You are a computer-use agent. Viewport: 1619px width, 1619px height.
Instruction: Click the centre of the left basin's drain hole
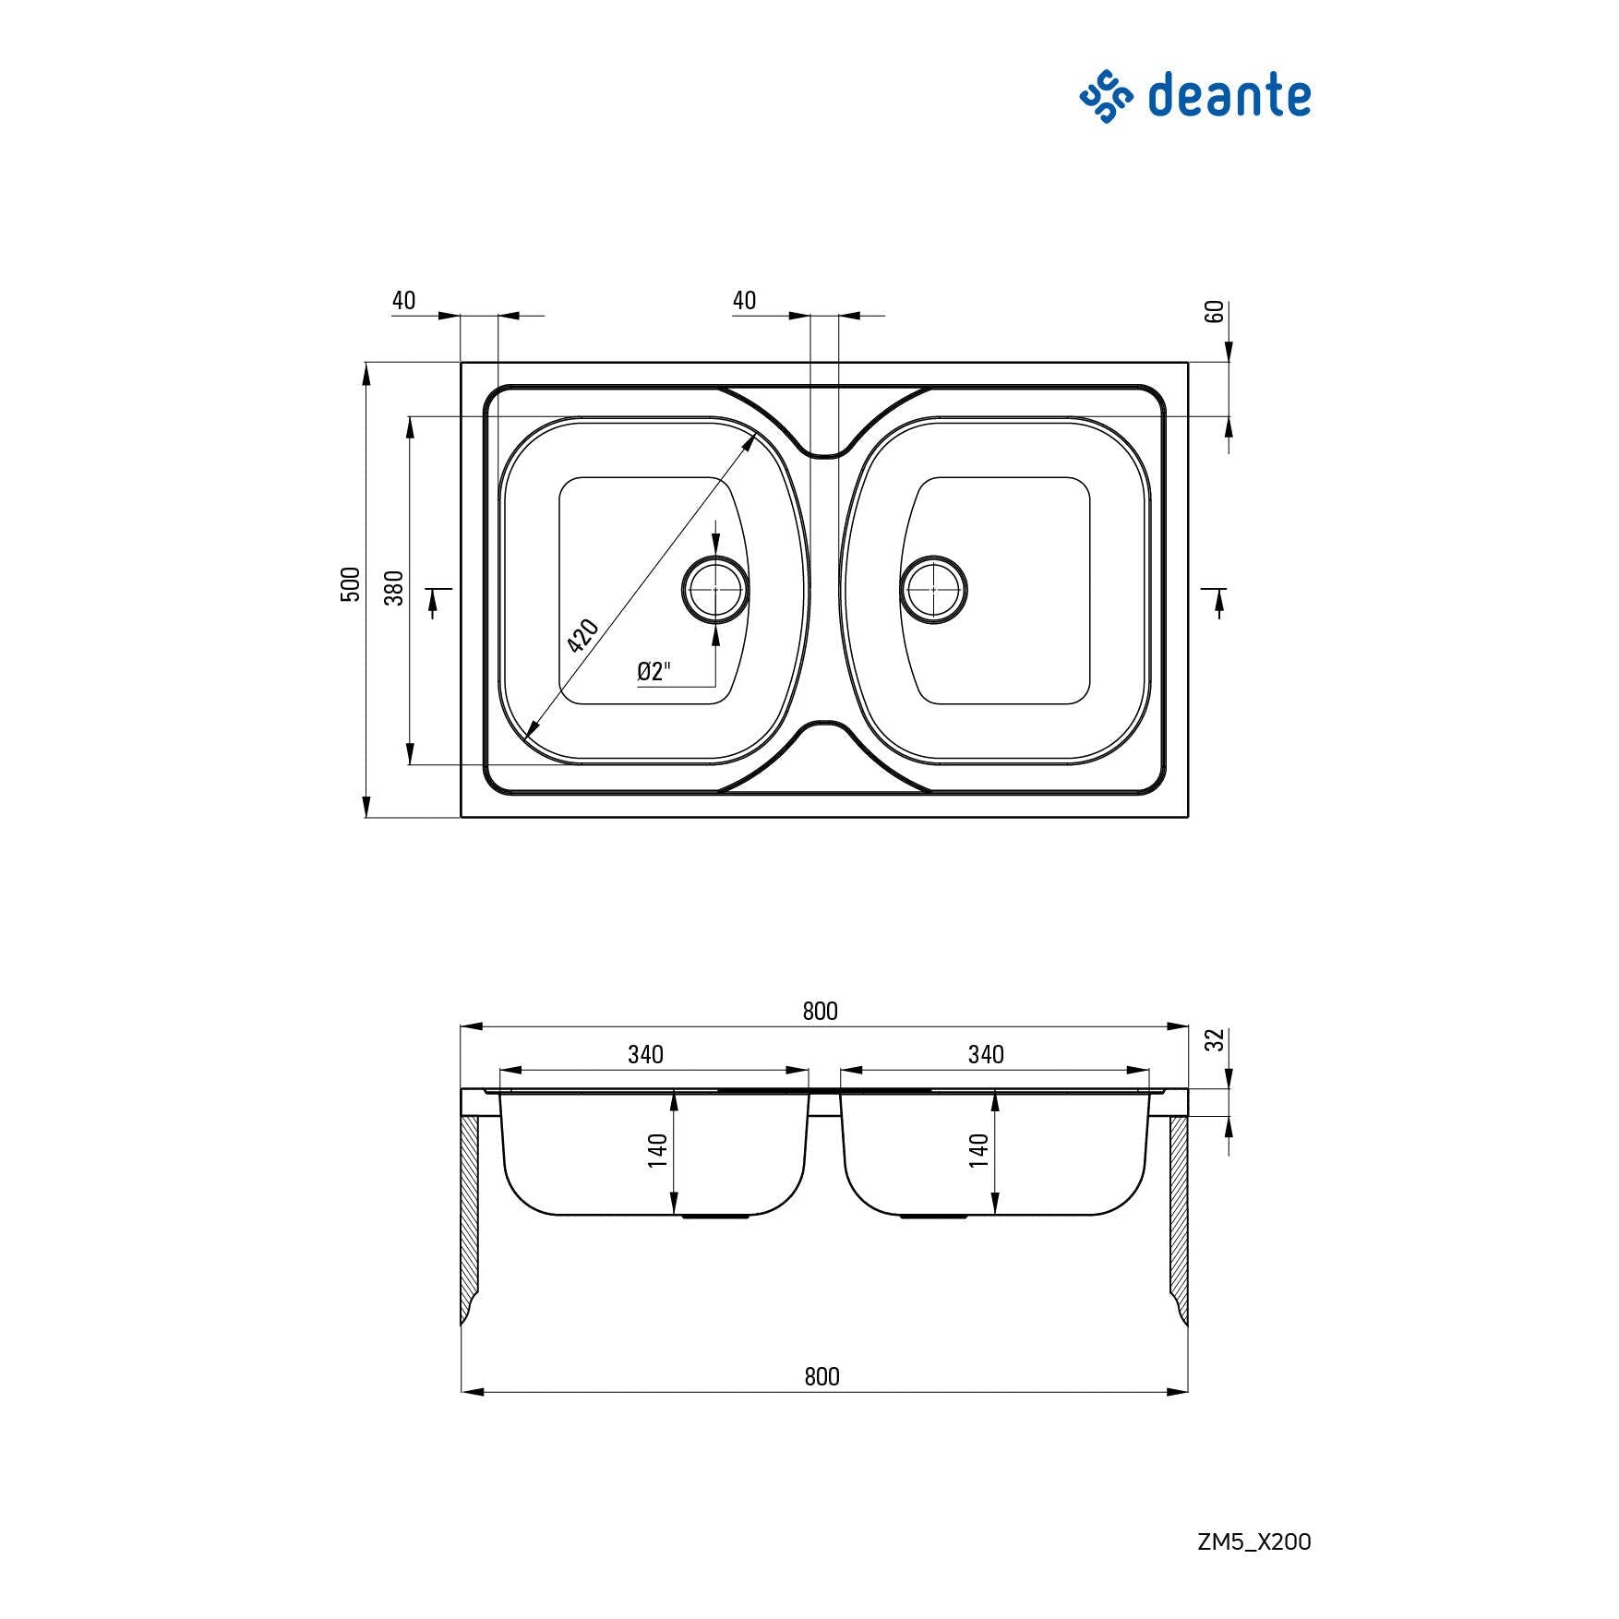[x=715, y=589]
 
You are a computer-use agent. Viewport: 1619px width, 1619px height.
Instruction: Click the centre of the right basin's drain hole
[x=933, y=589]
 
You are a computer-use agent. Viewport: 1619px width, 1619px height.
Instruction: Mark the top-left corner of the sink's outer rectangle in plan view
[x=462, y=363]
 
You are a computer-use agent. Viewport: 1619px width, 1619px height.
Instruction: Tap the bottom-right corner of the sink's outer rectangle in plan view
[x=1188, y=817]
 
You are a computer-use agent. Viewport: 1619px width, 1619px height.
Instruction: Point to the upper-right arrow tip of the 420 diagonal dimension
[x=757, y=431]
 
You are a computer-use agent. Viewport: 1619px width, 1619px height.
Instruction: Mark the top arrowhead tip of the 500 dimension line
[x=366, y=363]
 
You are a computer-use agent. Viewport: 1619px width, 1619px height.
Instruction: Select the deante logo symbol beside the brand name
[x=1106, y=96]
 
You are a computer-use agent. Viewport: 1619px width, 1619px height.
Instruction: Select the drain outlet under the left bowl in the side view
[x=715, y=1217]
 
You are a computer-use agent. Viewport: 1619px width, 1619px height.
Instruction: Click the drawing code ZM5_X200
[x=1253, y=1541]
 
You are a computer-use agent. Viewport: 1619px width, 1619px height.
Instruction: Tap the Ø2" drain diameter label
[x=654, y=671]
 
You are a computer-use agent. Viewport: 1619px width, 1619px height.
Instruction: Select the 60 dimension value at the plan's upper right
[x=1215, y=312]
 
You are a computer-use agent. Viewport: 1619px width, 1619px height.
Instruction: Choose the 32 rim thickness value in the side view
[x=1216, y=1039]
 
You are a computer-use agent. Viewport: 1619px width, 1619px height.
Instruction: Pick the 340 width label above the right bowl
[x=986, y=1054]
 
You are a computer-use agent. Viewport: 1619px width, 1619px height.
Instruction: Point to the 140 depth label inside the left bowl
[x=657, y=1151]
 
